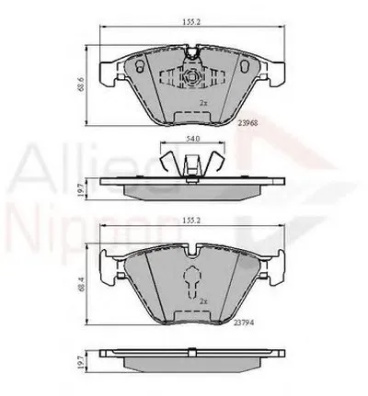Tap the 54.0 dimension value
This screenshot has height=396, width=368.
[191, 139]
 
